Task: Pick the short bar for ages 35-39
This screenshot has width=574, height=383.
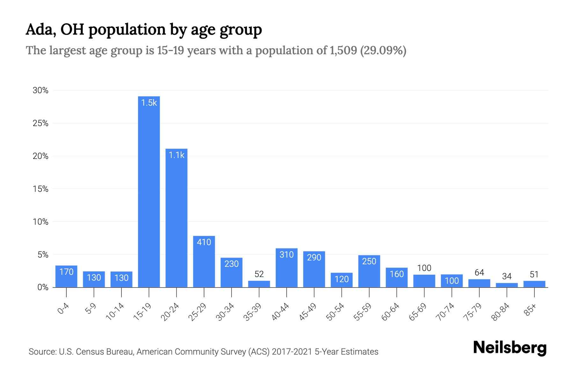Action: coord(259,284)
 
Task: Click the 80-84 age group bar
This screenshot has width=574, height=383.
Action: coord(507,285)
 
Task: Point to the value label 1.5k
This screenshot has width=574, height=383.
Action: coord(149,103)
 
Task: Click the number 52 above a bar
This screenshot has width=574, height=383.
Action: coord(259,274)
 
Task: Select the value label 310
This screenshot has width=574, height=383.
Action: coord(286,255)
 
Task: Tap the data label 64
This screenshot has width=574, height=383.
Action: coord(479,273)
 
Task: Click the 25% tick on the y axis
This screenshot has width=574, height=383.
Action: coord(40,123)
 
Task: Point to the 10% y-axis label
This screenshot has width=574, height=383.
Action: coord(40,222)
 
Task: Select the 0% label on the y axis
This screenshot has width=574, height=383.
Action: coord(43,288)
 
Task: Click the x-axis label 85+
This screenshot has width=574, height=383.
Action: coord(531,310)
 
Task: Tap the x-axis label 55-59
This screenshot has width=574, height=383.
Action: coord(363,312)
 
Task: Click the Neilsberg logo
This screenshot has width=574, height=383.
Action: coord(510,348)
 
